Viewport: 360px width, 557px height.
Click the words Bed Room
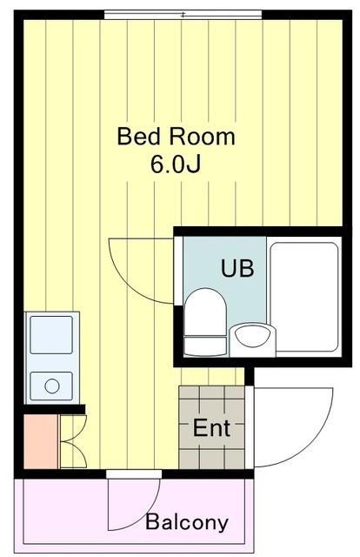[176, 137]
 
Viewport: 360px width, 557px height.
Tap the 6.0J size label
[177, 165]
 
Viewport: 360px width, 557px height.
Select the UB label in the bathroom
[237, 268]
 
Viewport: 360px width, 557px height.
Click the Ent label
[211, 428]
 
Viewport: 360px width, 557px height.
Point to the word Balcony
[187, 523]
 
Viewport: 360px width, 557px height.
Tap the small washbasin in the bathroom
[250, 335]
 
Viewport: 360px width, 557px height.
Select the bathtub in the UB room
[303, 295]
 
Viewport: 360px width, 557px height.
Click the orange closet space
[39, 442]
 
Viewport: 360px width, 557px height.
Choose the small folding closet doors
[71, 442]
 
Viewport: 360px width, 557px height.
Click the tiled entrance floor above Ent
[211, 399]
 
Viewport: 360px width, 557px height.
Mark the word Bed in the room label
[136, 137]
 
